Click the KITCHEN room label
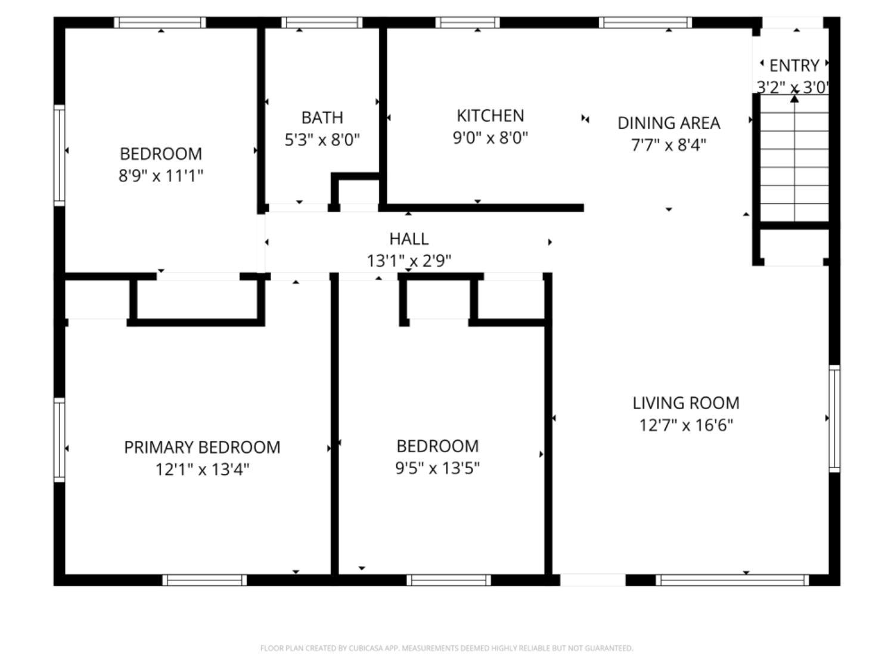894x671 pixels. (x=490, y=116)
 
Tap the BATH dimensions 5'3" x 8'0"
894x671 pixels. (x=322, y=140)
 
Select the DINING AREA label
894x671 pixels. (x=669, y=123)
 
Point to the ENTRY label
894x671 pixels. (x=794, y=65)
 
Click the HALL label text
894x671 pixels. (x=409, y=239)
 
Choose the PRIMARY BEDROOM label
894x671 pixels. (x=202, y=447)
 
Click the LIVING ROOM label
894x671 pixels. (x=686, y=403)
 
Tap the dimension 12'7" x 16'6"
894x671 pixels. (x=686, y=425)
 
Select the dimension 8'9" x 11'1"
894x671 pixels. (x=161, y=176)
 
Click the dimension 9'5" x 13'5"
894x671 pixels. (x=437, y=468)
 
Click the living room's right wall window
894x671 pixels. (x=834, y=418)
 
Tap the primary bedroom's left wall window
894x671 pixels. (x=59, y=440)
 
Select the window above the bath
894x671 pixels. (x=322, y=23)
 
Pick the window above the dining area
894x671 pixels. (x=645, y=23)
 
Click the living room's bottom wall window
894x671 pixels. (x=732, y=580)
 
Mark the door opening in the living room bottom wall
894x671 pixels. (x=592, y=580)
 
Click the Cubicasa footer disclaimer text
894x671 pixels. (x=446, y=648)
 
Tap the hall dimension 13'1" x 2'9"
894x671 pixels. (x=409, y=261)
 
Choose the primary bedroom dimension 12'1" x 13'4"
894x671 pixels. (x=202, y=469)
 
